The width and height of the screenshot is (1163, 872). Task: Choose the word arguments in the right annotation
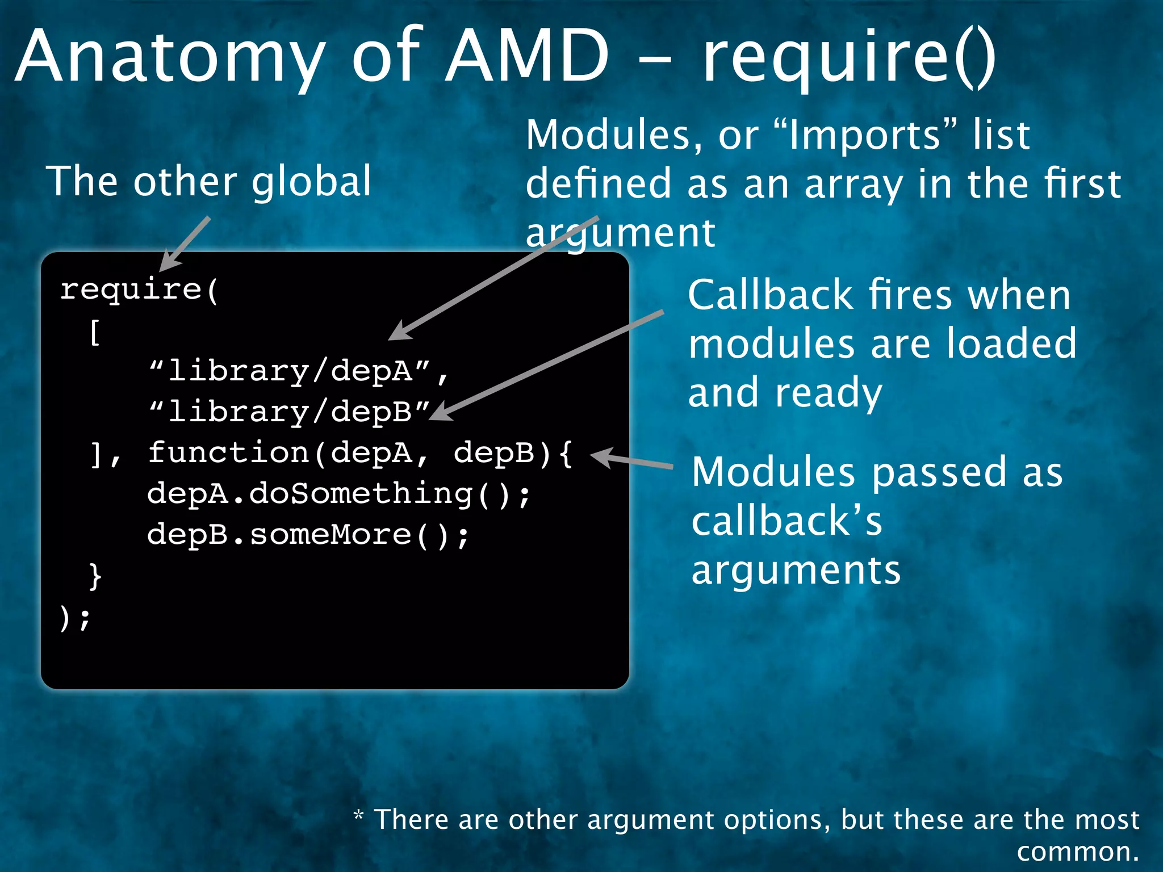pos(796,571)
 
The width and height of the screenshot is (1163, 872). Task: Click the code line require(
pos(139,290)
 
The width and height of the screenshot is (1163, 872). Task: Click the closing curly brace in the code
pos(95,576)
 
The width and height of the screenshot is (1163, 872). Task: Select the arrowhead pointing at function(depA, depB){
pos(601,456)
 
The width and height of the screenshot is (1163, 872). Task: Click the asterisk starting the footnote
pos(358,816)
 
